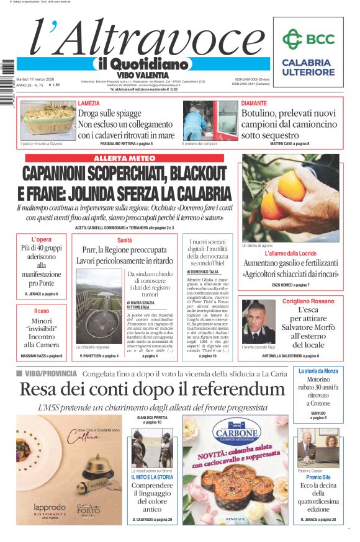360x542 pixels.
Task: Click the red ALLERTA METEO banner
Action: coord(128,159)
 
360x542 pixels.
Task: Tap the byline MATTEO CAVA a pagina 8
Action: coord(290,144)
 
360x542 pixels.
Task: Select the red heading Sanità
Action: coord(125,240)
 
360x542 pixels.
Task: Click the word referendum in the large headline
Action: coord(231,389)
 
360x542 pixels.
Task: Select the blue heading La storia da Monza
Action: coord(317,371)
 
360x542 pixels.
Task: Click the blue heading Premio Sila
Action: coord(318,478)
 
